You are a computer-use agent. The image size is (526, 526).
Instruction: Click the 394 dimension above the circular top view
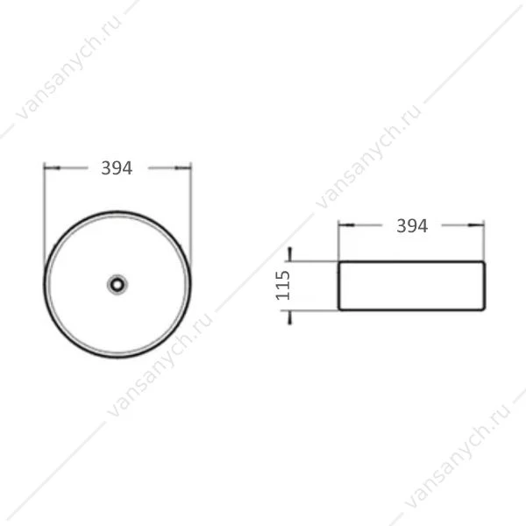117,168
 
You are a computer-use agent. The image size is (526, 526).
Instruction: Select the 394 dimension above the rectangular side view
412,226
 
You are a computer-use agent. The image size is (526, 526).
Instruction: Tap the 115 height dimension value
283,286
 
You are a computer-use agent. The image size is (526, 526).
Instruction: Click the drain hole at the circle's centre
117,285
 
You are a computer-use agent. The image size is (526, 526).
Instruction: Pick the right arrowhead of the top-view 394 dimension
183,167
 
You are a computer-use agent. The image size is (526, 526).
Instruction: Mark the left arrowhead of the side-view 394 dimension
346,225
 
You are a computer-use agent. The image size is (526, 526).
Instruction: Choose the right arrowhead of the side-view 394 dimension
476,225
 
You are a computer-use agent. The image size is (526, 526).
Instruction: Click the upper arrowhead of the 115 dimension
290,254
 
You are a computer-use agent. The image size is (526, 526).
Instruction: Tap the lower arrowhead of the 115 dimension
290,317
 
